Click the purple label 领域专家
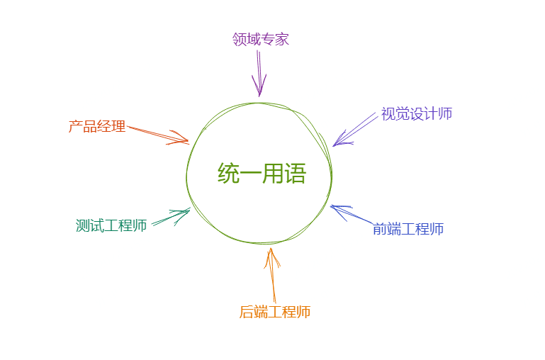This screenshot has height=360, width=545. point(261,39)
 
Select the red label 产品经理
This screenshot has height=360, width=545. point(97,127)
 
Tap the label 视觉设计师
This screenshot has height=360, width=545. point(417,114)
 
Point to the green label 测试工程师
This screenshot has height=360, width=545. point(111,226)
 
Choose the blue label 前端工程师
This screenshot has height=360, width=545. point(408,229)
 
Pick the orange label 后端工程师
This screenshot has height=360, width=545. point(275,312)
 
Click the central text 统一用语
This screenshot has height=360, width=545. point(262,174)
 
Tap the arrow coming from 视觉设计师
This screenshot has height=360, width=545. point(355,129)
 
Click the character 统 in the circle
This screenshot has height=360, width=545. point(228,174)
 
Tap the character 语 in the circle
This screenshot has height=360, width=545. point(295,174)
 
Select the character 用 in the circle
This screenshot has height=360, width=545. point(273,174)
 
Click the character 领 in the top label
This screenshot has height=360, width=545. point(240,39)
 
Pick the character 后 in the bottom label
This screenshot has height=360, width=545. point(247,312)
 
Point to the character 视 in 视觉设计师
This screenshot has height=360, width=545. point(388,114)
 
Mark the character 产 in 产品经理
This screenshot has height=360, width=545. point(76,127)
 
